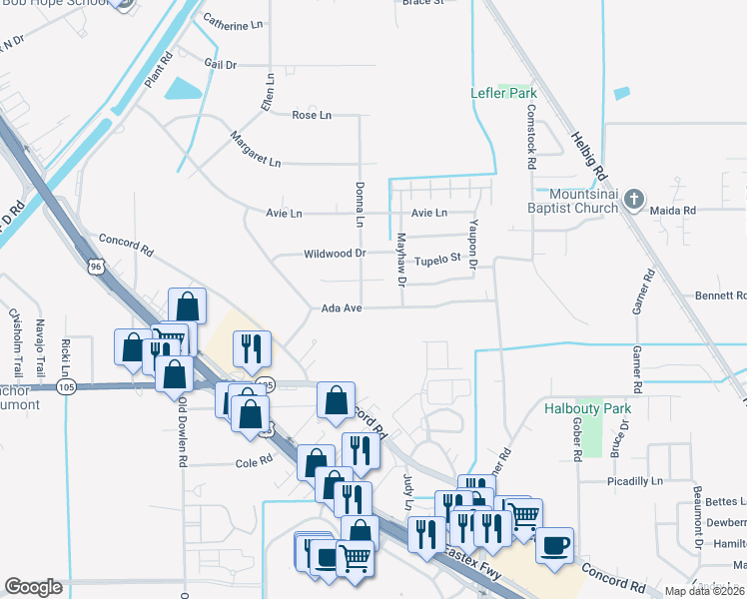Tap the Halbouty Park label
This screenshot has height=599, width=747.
pos(588,408)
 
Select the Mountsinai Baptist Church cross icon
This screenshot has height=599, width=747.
pos(632,200)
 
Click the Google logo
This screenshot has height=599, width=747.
pos(34,587)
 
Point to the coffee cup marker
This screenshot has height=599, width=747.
pos(555,545)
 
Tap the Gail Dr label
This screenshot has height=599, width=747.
pos(220,64)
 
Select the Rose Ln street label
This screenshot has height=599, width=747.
pos(304,115)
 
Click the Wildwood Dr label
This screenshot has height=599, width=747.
pos(335,254)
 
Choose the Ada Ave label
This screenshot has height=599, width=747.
pos(341,308)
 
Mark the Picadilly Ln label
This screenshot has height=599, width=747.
pos(636,480)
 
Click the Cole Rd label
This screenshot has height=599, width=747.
pos(254,461)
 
